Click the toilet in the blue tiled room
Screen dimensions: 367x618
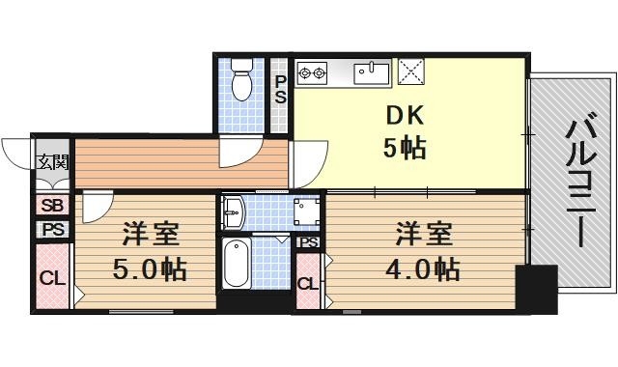241,82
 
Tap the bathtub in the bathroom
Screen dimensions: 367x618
238,262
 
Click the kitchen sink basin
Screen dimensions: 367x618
370,72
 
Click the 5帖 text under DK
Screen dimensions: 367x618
405,149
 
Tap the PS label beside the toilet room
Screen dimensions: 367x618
280,90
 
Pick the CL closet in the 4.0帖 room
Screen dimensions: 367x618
307,283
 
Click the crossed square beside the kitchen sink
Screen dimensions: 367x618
413,71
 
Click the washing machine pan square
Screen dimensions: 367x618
306,212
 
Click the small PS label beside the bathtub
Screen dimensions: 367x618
308,241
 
